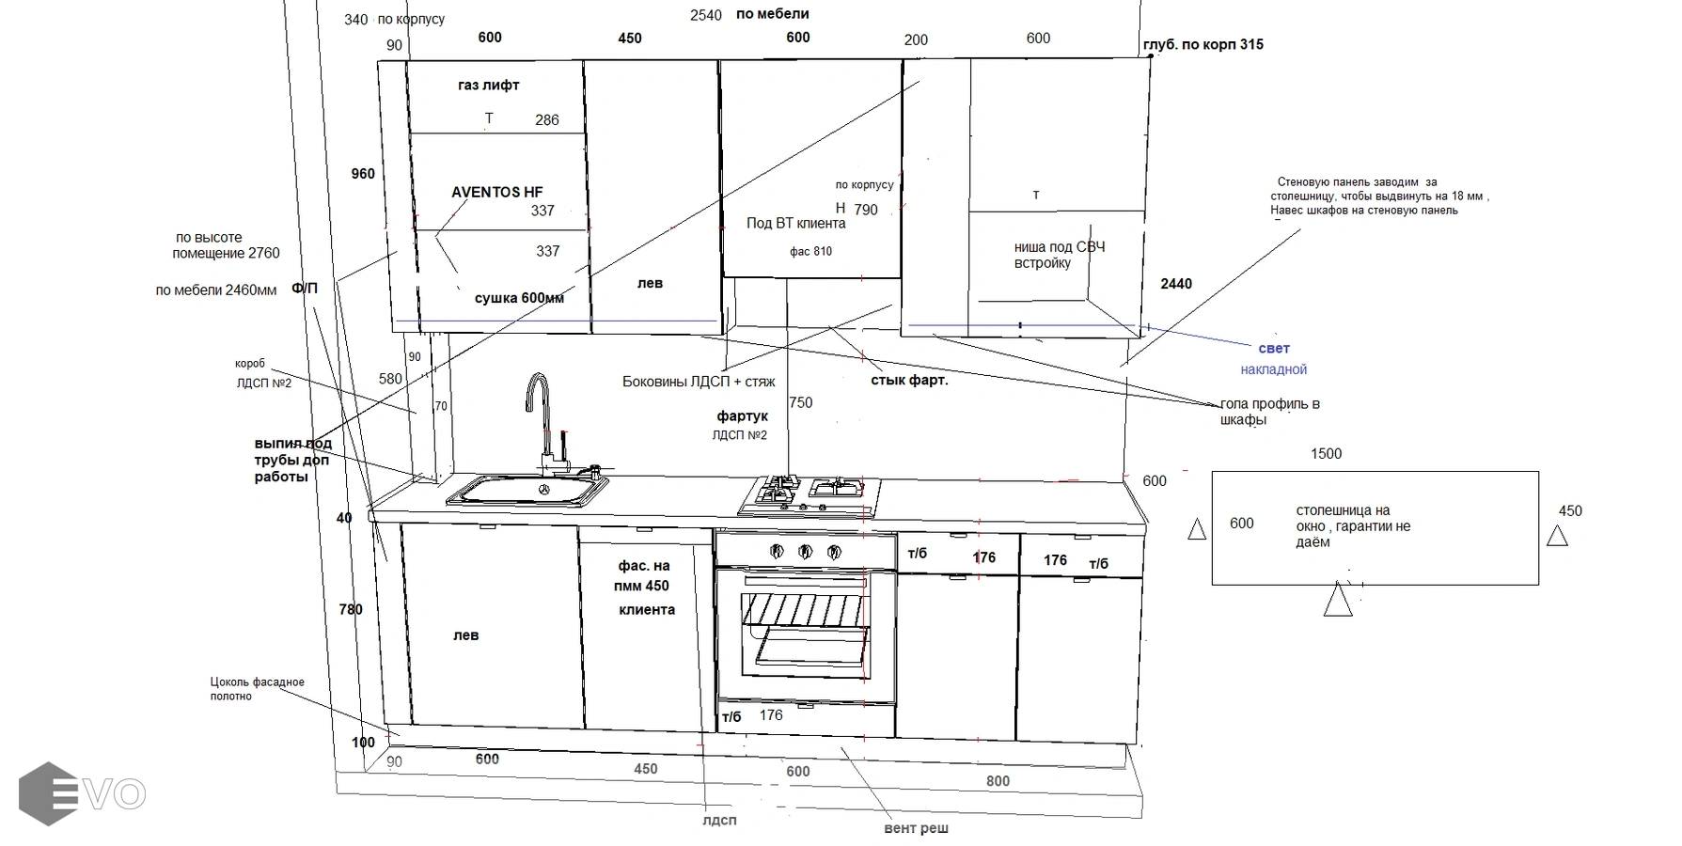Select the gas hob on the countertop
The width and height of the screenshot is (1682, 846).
[810, 495]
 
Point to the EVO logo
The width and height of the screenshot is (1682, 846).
[83, 794]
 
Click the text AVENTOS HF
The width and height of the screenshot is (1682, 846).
[496, 192]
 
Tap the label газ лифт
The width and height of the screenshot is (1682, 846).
[488, 85]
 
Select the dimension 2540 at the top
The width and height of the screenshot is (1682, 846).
[705, 15]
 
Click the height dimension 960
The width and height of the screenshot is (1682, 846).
[363, 174]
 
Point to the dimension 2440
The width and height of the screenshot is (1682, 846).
[1176, 284]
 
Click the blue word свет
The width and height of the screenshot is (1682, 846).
[1274, 349]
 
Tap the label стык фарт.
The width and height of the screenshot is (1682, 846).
[909, 381]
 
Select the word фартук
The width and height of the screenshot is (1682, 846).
[743, 415]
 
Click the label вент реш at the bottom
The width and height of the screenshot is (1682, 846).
[916, 829]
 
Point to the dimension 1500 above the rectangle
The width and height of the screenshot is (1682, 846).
[1326, 454]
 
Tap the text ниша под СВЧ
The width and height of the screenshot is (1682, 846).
[1059, 247]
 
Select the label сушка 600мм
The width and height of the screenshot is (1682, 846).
[519, 298]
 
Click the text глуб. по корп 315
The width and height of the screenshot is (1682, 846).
[1203, 44]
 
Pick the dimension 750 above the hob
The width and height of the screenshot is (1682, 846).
[801, 402]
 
